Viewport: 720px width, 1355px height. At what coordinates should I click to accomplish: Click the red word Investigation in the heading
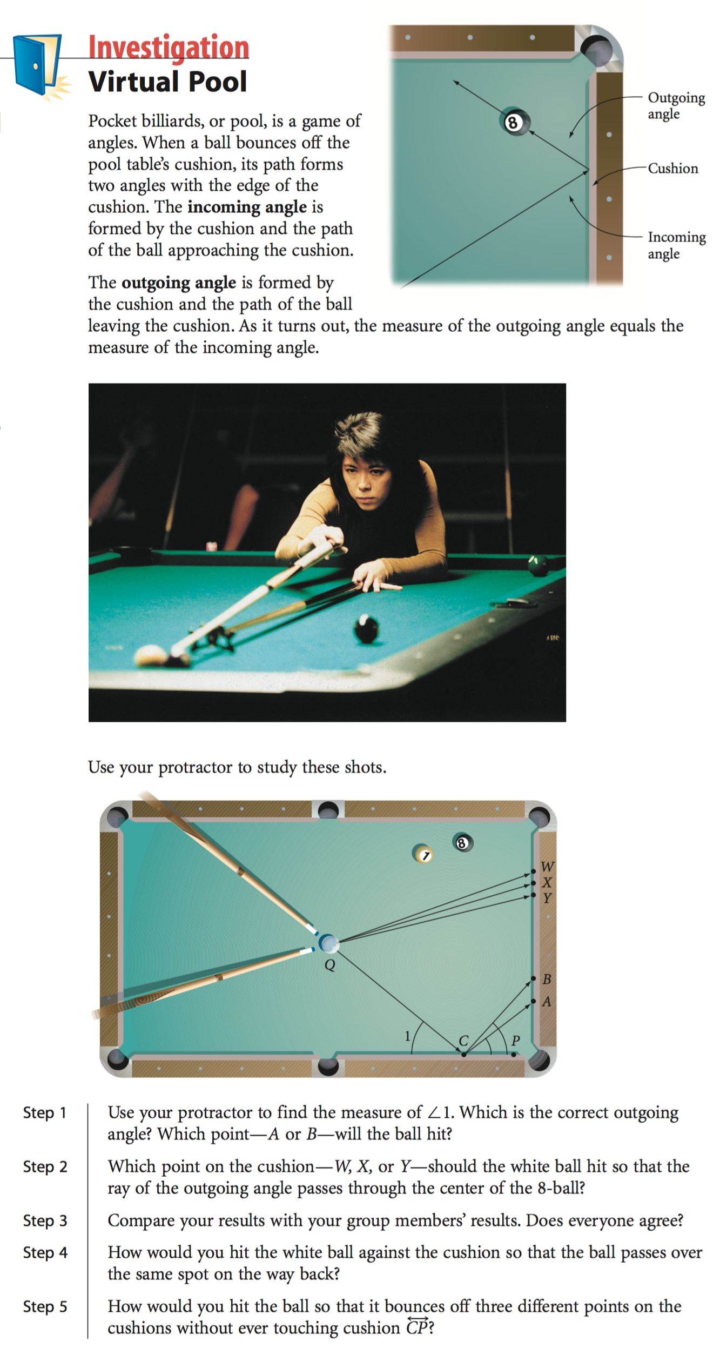(x=169, y=48)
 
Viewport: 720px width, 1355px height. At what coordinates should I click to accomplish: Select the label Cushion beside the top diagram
(x=673, y=169)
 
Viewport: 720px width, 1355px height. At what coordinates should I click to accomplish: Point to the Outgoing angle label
(x=676, y=106)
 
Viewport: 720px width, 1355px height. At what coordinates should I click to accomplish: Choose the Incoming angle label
(x=677, y=245)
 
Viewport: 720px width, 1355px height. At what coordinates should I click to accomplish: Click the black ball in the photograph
(x=367, y=629)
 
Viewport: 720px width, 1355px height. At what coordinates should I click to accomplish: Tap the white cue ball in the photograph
(x=151, y=655)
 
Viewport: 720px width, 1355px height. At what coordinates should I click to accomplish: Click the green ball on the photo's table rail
(x=538, y=565)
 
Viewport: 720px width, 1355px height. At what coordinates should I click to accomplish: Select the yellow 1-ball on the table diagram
(x=423, y=854)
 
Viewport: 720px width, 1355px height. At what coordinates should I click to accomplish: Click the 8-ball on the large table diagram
(x=462, y=843)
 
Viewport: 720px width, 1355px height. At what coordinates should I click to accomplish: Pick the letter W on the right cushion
(x=547, y=867)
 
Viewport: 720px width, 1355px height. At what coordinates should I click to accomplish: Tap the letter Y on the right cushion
(x=547, y=898)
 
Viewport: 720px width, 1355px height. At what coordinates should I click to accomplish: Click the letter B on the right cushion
(x=547, y=979)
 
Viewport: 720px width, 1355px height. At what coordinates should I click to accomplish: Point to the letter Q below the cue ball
(x=329, y=965)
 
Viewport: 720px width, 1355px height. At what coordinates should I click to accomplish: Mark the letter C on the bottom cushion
(x=463, y=1041)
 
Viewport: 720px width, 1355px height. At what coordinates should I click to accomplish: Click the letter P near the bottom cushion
(x=516, y=1040)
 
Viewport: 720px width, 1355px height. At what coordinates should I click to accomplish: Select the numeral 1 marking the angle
(x=408, y=1036)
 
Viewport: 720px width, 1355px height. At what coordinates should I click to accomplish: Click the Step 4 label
(x=45, y=1252)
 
